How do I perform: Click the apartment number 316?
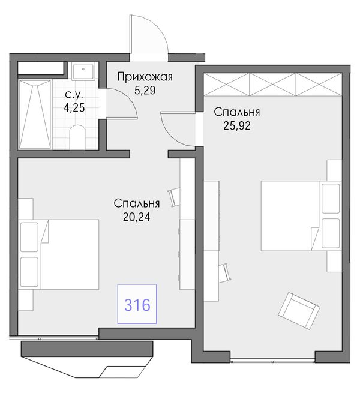(137, 305)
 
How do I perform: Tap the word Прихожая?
(145, 77)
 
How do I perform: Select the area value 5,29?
(145, 90)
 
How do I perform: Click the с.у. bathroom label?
(74, 95)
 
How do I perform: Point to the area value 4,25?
(74, 108)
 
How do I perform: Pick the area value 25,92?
(237, 125)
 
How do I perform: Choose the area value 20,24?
(137, 217)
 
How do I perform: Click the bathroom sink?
(83, 71)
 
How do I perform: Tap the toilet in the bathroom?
(77, 137)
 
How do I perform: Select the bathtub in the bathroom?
(35, 115)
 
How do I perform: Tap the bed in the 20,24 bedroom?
(58, 254)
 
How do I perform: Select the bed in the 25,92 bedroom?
(301, 216)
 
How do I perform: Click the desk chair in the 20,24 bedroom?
(174, 197)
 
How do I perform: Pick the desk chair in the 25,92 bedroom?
(224, 272)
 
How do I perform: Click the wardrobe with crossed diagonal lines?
(273, 84)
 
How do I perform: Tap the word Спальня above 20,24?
(137, 203)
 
